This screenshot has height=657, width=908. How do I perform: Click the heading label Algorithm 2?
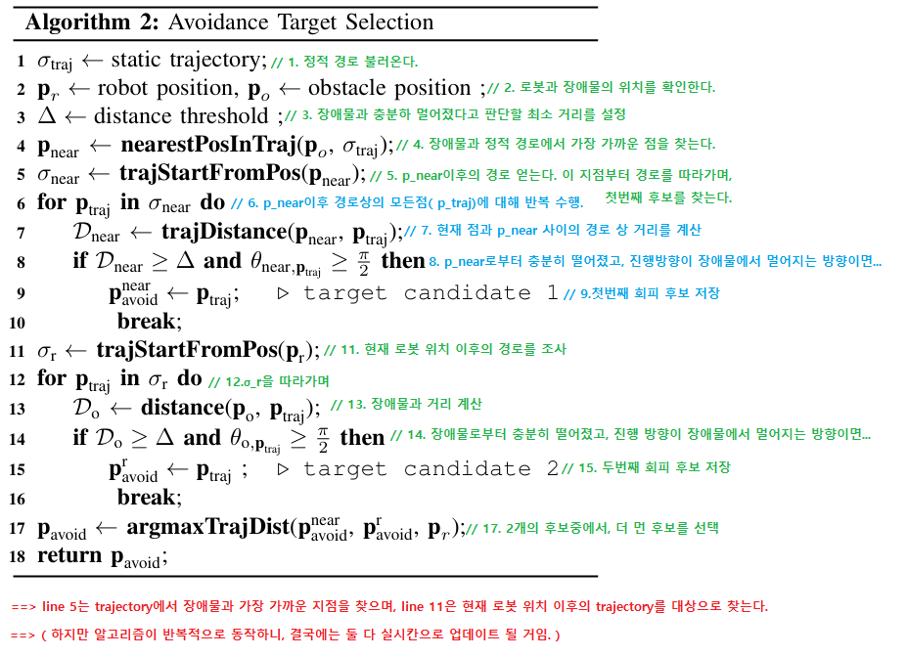[x=86, y=22]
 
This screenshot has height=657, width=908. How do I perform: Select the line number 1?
[x=21, y=62]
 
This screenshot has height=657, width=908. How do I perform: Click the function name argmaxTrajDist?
[x=206, y=528]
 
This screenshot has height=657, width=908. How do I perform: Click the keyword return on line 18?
[x=69, y=556]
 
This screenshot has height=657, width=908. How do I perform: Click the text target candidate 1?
[x=431, y=293]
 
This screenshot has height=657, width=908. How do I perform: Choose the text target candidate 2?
[x=431, y=469]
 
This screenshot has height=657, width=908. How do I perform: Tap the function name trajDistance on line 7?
[x=224, y=233]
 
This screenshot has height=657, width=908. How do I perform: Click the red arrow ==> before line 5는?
[x=23, y=607]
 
